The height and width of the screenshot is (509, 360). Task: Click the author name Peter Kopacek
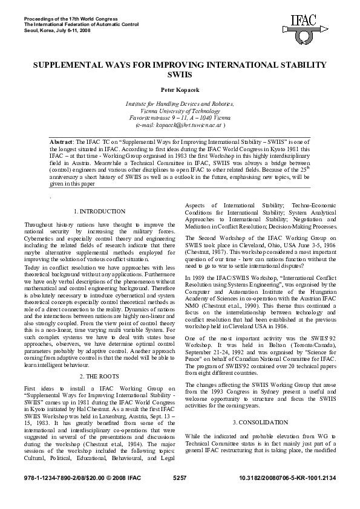click(x=180, y=90)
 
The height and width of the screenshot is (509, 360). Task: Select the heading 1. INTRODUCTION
click(x=99, y=212)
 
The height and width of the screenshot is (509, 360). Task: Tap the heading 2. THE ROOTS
click(x=99, y=358)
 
